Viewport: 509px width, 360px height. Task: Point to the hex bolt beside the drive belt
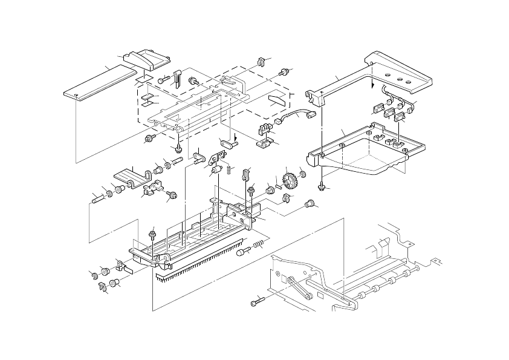[256, 299]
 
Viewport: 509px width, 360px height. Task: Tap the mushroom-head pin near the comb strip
[242, 251]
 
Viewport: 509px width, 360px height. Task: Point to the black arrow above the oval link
[236, 136]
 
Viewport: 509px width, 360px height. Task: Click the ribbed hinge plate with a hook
[132, 175]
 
